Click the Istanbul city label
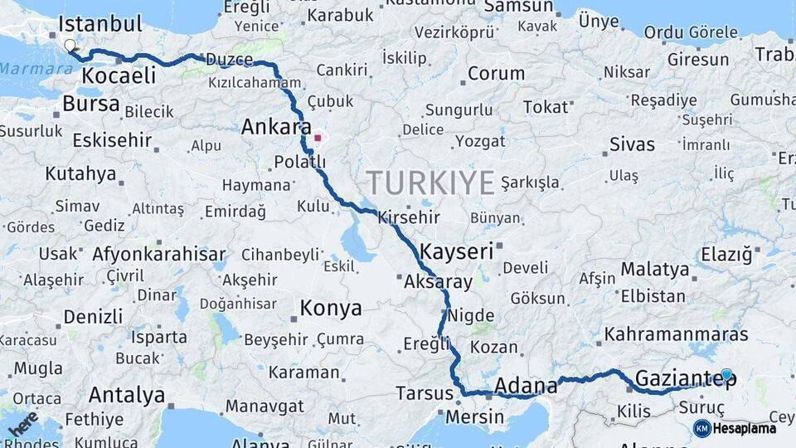point(101,23)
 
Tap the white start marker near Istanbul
point(70,46)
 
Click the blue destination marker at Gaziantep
point(727,375)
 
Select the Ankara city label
point(276,127)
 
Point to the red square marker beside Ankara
point(318,138)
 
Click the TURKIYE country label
point(431,183)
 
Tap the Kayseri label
point(457,250)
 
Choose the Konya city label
point(330,309)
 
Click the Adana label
point(526,386)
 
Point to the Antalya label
point(127,394)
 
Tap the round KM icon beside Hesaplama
point(701,428)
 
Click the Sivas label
point(632,144)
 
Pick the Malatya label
point(655,269)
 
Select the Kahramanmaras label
point(677,335)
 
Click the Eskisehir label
point(112,140)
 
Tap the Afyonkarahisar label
point(159,254)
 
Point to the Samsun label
point(518,7)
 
